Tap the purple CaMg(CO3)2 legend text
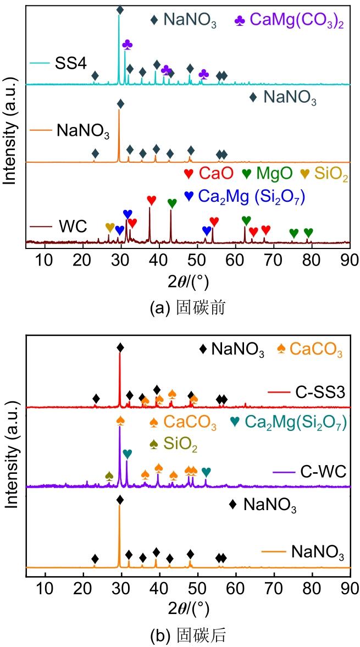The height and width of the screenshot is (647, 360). coord(297,20)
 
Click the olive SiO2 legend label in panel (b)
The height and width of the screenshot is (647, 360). coord(187,444)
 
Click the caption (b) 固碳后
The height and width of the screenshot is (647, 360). coord(187,636)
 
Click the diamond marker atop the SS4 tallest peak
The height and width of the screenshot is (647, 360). coord(120,10)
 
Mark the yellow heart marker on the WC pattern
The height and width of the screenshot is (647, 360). coord(110,227)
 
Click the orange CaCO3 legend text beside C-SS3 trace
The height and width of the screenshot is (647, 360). coord(314,349)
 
